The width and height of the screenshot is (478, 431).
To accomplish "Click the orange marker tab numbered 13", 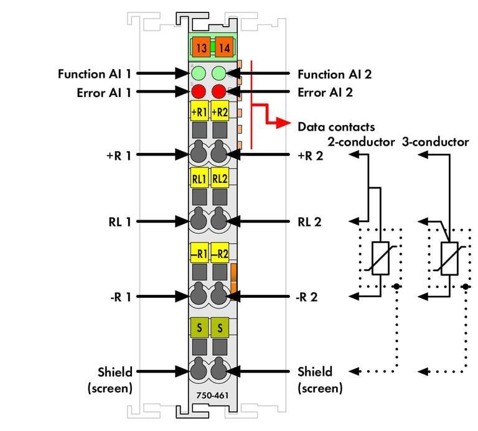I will (x=201, y=48).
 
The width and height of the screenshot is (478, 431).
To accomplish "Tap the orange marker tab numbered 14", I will (x=222, y=48).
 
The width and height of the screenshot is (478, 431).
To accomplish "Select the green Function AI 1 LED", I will (x=199, y=73).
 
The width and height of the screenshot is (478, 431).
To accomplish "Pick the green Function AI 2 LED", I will (x=218, y=73).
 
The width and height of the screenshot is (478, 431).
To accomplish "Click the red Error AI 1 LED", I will (x=199, y=92).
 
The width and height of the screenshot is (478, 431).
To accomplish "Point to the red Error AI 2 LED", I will (x=218, y=92).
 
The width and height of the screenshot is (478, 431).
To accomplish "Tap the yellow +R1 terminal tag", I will (x=199, y=113).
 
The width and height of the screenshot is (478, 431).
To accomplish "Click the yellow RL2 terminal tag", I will (x=220, y=178).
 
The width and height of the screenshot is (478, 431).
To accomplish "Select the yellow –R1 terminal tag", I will (x=199, y=254).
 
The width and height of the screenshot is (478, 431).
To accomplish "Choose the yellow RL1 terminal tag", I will (x=199, y=178).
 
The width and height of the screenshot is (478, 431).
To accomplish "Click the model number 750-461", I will (x=210, y=394).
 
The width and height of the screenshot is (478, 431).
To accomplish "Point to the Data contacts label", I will (x=336, y=126).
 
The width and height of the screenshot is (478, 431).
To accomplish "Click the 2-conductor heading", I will (x=361, y=142).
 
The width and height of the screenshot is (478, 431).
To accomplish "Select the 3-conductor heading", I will (x=435, y=142).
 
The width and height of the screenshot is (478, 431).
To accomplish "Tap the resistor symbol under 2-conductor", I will (x=380, y=256).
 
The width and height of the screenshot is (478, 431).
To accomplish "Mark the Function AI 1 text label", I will (x=95, y=74).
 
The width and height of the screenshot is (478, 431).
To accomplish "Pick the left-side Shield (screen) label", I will (x=110, y=380).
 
